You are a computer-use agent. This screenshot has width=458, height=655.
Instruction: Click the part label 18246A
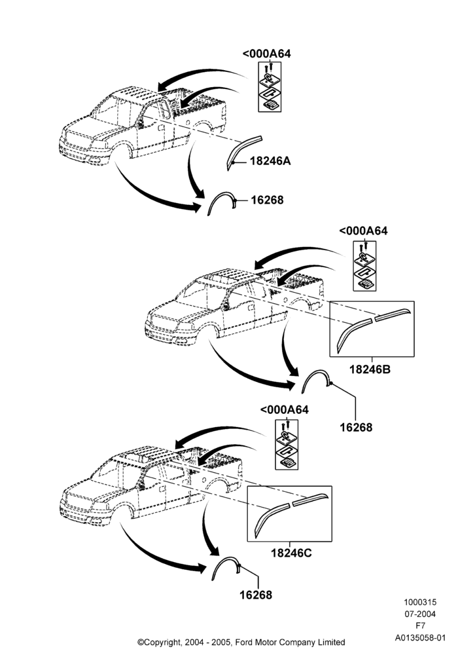tap(270, 161)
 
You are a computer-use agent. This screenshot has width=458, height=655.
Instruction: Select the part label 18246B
tap(370, 369)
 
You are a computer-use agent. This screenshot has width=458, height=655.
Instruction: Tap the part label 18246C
tap(291, 553)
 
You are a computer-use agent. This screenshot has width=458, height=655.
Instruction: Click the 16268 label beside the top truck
tap(267, 200)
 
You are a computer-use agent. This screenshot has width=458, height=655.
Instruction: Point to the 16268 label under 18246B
tap(356, 427)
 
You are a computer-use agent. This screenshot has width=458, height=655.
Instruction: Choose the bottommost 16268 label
tap(256, 595)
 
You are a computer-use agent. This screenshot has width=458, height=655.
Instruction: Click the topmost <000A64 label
tap(266, 54)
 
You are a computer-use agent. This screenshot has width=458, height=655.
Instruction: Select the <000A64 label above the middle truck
tap(363, 231)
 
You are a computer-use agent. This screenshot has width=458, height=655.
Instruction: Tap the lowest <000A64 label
tap(285, 410)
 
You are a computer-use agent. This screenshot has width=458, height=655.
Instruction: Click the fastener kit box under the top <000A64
tap(270, 87)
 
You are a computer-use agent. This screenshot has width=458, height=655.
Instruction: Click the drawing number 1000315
tap(419, 603)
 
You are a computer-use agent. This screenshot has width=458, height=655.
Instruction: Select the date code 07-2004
tap(419, 614)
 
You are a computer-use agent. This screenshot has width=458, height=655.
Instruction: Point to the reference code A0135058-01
tap(421, 638)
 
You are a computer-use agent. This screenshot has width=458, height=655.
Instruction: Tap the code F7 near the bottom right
tap(420, 626)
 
